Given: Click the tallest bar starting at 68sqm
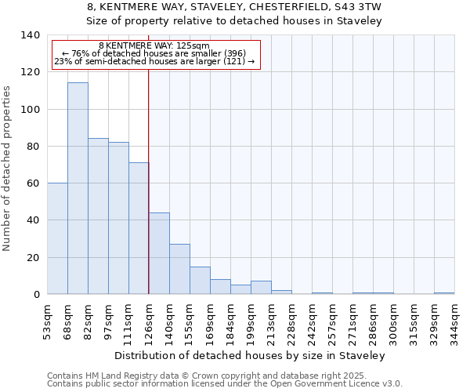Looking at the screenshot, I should tap(78, 188).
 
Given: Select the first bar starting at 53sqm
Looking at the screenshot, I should tap(57, 238).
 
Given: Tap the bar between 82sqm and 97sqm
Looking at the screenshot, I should tap(98, 216).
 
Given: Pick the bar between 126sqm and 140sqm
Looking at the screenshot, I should tap(159, 253).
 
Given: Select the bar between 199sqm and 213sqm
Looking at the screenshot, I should tap(261, 288).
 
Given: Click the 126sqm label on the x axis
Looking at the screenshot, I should tap(149, 319).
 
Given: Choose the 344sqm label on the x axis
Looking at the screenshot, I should tap(454, 319).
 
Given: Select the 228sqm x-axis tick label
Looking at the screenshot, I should tap(291, 319).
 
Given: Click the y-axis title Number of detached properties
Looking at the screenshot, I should tap(8, 169).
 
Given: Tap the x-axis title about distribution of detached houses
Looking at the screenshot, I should tap(255, 356).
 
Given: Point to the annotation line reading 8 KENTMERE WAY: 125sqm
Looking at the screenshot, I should tap(154, 46).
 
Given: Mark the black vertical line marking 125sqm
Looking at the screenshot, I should tap(149, 180).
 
